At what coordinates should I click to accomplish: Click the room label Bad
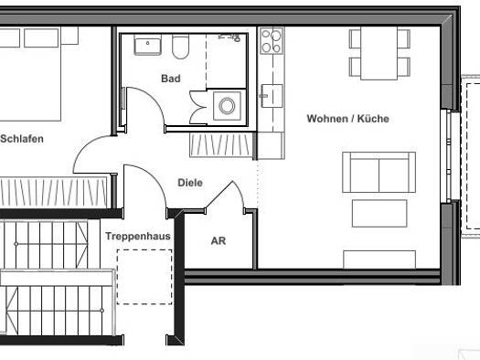[171, 79]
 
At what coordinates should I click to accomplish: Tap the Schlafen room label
[22, 139]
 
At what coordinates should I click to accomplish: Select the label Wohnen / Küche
[348, 119]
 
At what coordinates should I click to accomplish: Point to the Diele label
[190, 183]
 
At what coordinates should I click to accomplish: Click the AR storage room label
[219, 241]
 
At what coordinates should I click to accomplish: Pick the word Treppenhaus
[138, 236]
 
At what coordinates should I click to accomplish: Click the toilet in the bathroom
[180, 47]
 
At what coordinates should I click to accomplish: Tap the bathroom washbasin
[147, 45]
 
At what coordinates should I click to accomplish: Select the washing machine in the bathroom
[227, 106]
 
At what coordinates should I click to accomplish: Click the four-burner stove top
[272, 41]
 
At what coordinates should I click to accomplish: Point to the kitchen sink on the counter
[272, 96]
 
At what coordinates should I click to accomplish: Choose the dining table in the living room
[379, 54]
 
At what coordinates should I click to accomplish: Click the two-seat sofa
[379, 172]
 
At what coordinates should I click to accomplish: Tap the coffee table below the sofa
[379, 214]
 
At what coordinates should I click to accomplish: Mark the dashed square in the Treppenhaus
[144, 277]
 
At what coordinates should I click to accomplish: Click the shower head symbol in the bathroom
[229, 38]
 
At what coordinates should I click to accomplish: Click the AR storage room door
[225, 196]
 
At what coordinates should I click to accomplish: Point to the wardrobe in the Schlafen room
[54, 192]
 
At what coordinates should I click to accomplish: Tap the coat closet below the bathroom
[221, 145]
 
